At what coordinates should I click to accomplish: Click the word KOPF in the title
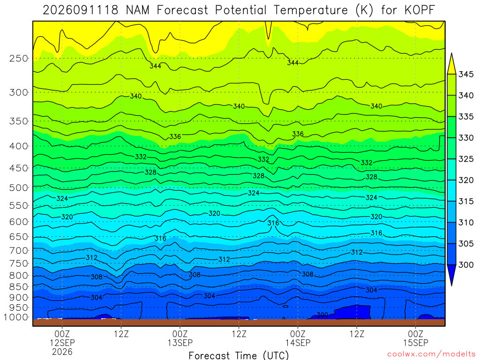tap(420, 10)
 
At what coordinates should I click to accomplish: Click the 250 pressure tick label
tap(19, 58)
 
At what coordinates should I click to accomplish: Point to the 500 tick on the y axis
tap(19, 187)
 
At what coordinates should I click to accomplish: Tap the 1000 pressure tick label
tap(15, 317)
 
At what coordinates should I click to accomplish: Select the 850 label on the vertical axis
tap(19, 287)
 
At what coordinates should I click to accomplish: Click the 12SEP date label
tap(62, 343)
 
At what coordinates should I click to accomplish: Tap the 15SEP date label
tap(416, 343)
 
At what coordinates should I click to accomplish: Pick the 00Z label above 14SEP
tap(298, 334)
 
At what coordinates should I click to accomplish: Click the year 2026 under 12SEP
tap(62, 352)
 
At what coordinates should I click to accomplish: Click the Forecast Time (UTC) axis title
tap(239, 355)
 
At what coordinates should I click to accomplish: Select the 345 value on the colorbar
tap(466, 75)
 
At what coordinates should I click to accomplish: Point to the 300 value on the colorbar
tap(466, 265)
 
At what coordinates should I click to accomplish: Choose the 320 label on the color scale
tap(466, 180)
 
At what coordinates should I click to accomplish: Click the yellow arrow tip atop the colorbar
tap(451, 53)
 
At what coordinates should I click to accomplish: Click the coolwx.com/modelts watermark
tap(431, 354)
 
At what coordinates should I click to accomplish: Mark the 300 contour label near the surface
tap(322, 315)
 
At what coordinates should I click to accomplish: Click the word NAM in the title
tap(138, 10)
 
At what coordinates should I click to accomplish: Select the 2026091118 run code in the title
tap(81, 10)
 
